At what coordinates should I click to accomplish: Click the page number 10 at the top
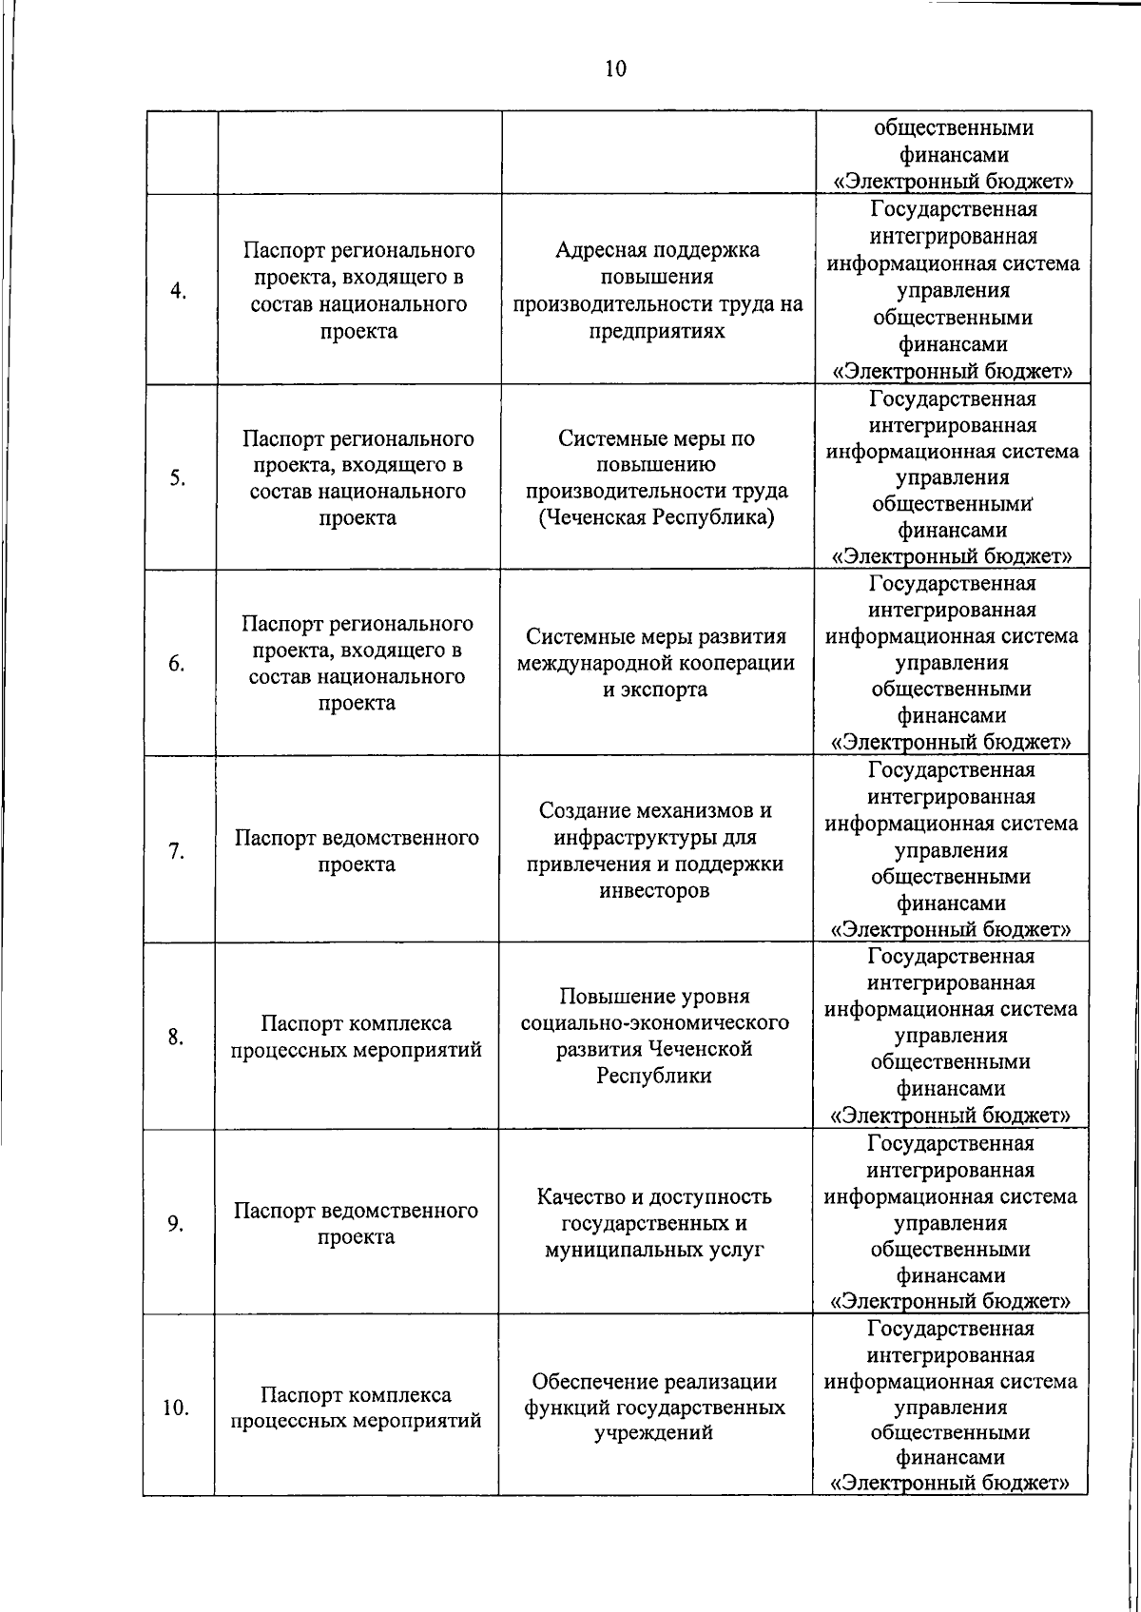(615, 68)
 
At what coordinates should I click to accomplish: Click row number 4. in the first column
(178, 291)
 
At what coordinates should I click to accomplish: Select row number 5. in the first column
(178, 478)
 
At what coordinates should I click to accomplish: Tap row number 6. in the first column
(177, 664)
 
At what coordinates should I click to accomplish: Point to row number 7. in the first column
(177, 851)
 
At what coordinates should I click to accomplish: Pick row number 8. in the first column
(176, 1037)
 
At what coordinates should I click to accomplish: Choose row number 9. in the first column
(176, 1223)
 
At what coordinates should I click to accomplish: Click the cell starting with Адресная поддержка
(658, 290)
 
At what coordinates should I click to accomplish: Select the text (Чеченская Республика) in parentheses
(656, 518)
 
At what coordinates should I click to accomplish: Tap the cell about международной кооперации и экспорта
(656, 663)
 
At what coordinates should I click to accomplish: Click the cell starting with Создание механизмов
(655, 850)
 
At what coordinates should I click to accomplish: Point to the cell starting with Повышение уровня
(655, 1036)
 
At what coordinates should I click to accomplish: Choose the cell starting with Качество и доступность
(654, 1223)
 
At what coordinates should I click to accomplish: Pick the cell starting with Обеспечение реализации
(654, 1407)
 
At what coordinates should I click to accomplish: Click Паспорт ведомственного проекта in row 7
(357, 851)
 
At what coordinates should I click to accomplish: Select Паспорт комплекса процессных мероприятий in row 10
(357, 1408)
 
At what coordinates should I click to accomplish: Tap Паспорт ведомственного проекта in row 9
(357, 1224)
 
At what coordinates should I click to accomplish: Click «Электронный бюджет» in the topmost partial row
(954, 181)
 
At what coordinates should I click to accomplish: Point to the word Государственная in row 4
(954, 208)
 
